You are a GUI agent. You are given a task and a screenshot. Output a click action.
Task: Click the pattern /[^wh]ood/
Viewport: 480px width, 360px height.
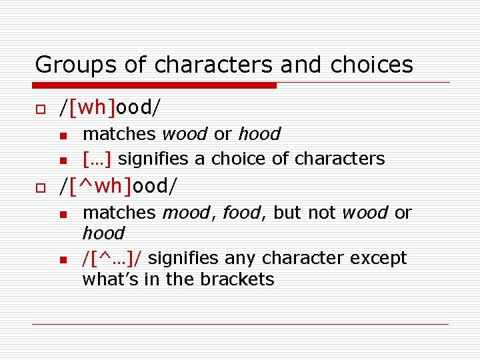click(x=119, y=186)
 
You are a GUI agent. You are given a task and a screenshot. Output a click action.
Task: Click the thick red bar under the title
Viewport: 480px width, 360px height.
click(x=154, y=85)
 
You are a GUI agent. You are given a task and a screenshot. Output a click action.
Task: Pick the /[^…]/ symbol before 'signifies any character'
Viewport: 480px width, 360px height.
click(x=111, y=258)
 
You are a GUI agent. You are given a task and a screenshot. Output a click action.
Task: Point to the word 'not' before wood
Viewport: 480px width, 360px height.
click(x=323, y=213)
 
